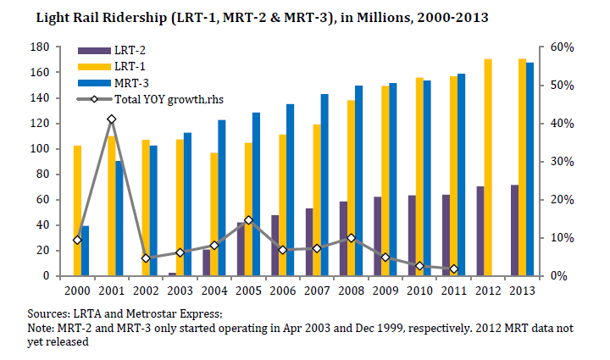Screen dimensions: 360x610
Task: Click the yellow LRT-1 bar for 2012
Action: point(488,168)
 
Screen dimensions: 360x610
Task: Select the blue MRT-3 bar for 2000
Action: point(86,251)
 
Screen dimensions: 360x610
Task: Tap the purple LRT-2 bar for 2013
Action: point(515,230)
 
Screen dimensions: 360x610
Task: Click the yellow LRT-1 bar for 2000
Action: point(77,211)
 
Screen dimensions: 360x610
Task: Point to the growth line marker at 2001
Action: point(111,119)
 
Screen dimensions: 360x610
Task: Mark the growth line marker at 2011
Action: point(454,269)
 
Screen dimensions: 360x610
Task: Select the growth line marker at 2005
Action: point(248,220)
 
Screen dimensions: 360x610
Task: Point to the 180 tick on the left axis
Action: point(40,47)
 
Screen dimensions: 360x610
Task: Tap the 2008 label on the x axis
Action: point(351,291)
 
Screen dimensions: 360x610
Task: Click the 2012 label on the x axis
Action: point(488,291)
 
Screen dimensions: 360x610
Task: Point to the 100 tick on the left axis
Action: point(40,149)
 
